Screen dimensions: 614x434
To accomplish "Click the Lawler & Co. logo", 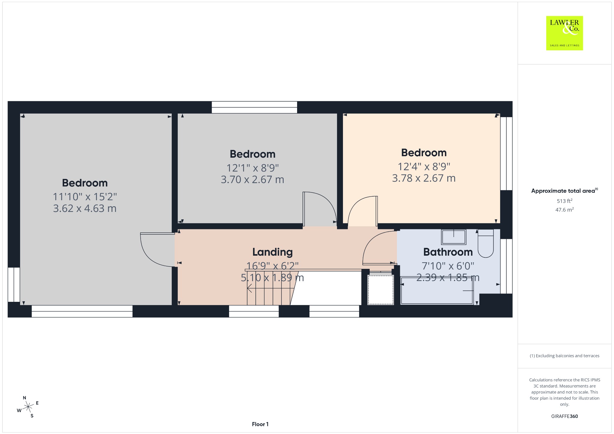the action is tap(564, 33).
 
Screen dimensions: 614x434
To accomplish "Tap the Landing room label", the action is tap(272, 252).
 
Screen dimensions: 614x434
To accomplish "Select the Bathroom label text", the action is tap(448, 252).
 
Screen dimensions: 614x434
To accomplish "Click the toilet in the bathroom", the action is tap(486, 243).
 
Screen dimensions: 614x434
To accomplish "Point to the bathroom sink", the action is tap(454, 237).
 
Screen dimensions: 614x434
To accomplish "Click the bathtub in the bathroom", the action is tap(437, 290).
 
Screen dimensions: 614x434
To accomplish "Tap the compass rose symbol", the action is tap(28, 407).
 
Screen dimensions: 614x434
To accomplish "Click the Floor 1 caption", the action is tap(260, 424).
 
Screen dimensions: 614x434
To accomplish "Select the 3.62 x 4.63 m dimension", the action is tap(85, 208).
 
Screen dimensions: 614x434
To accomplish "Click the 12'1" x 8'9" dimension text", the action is tap(252, 168).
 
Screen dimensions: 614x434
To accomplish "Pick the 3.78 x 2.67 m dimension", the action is tap(424, 178).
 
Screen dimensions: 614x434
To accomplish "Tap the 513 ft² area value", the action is tap(565, 201).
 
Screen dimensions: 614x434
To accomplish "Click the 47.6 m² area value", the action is tap(565, 210).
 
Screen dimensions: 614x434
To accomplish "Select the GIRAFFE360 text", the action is tap(565, 416).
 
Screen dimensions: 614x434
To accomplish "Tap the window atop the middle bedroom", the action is tap(254, 107).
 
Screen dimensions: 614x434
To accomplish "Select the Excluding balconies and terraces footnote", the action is tap(565, 356).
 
